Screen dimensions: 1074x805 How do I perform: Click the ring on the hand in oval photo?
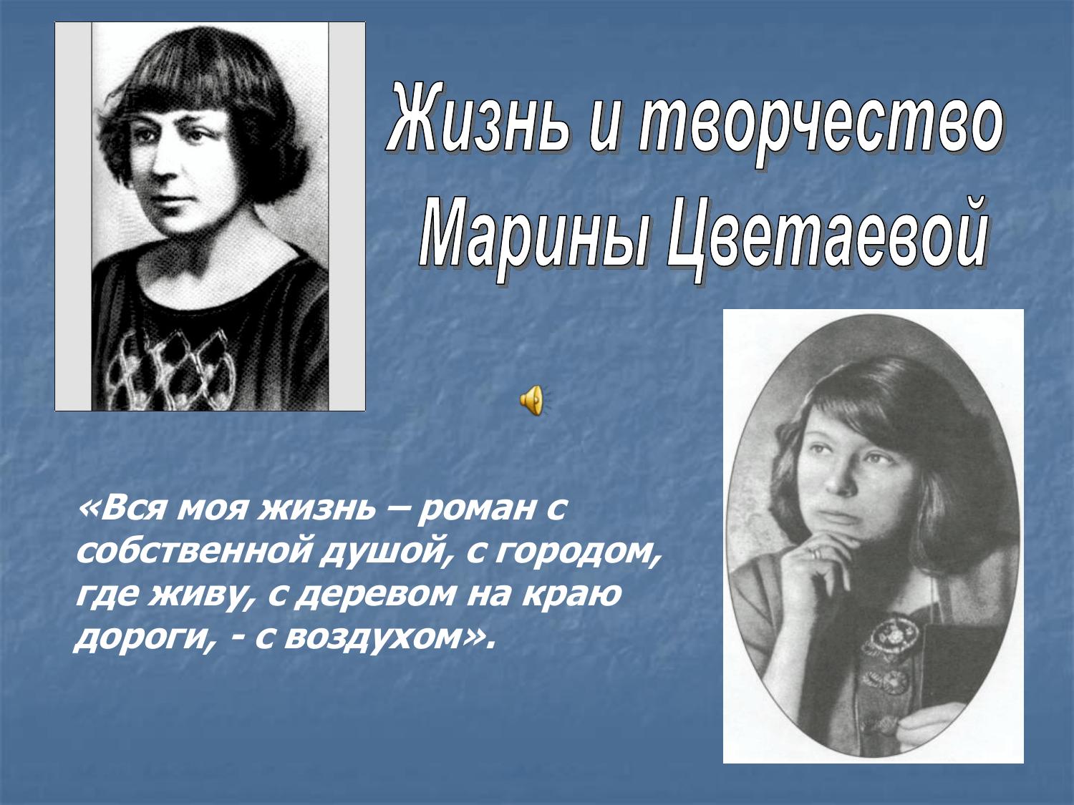coord(815,553)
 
